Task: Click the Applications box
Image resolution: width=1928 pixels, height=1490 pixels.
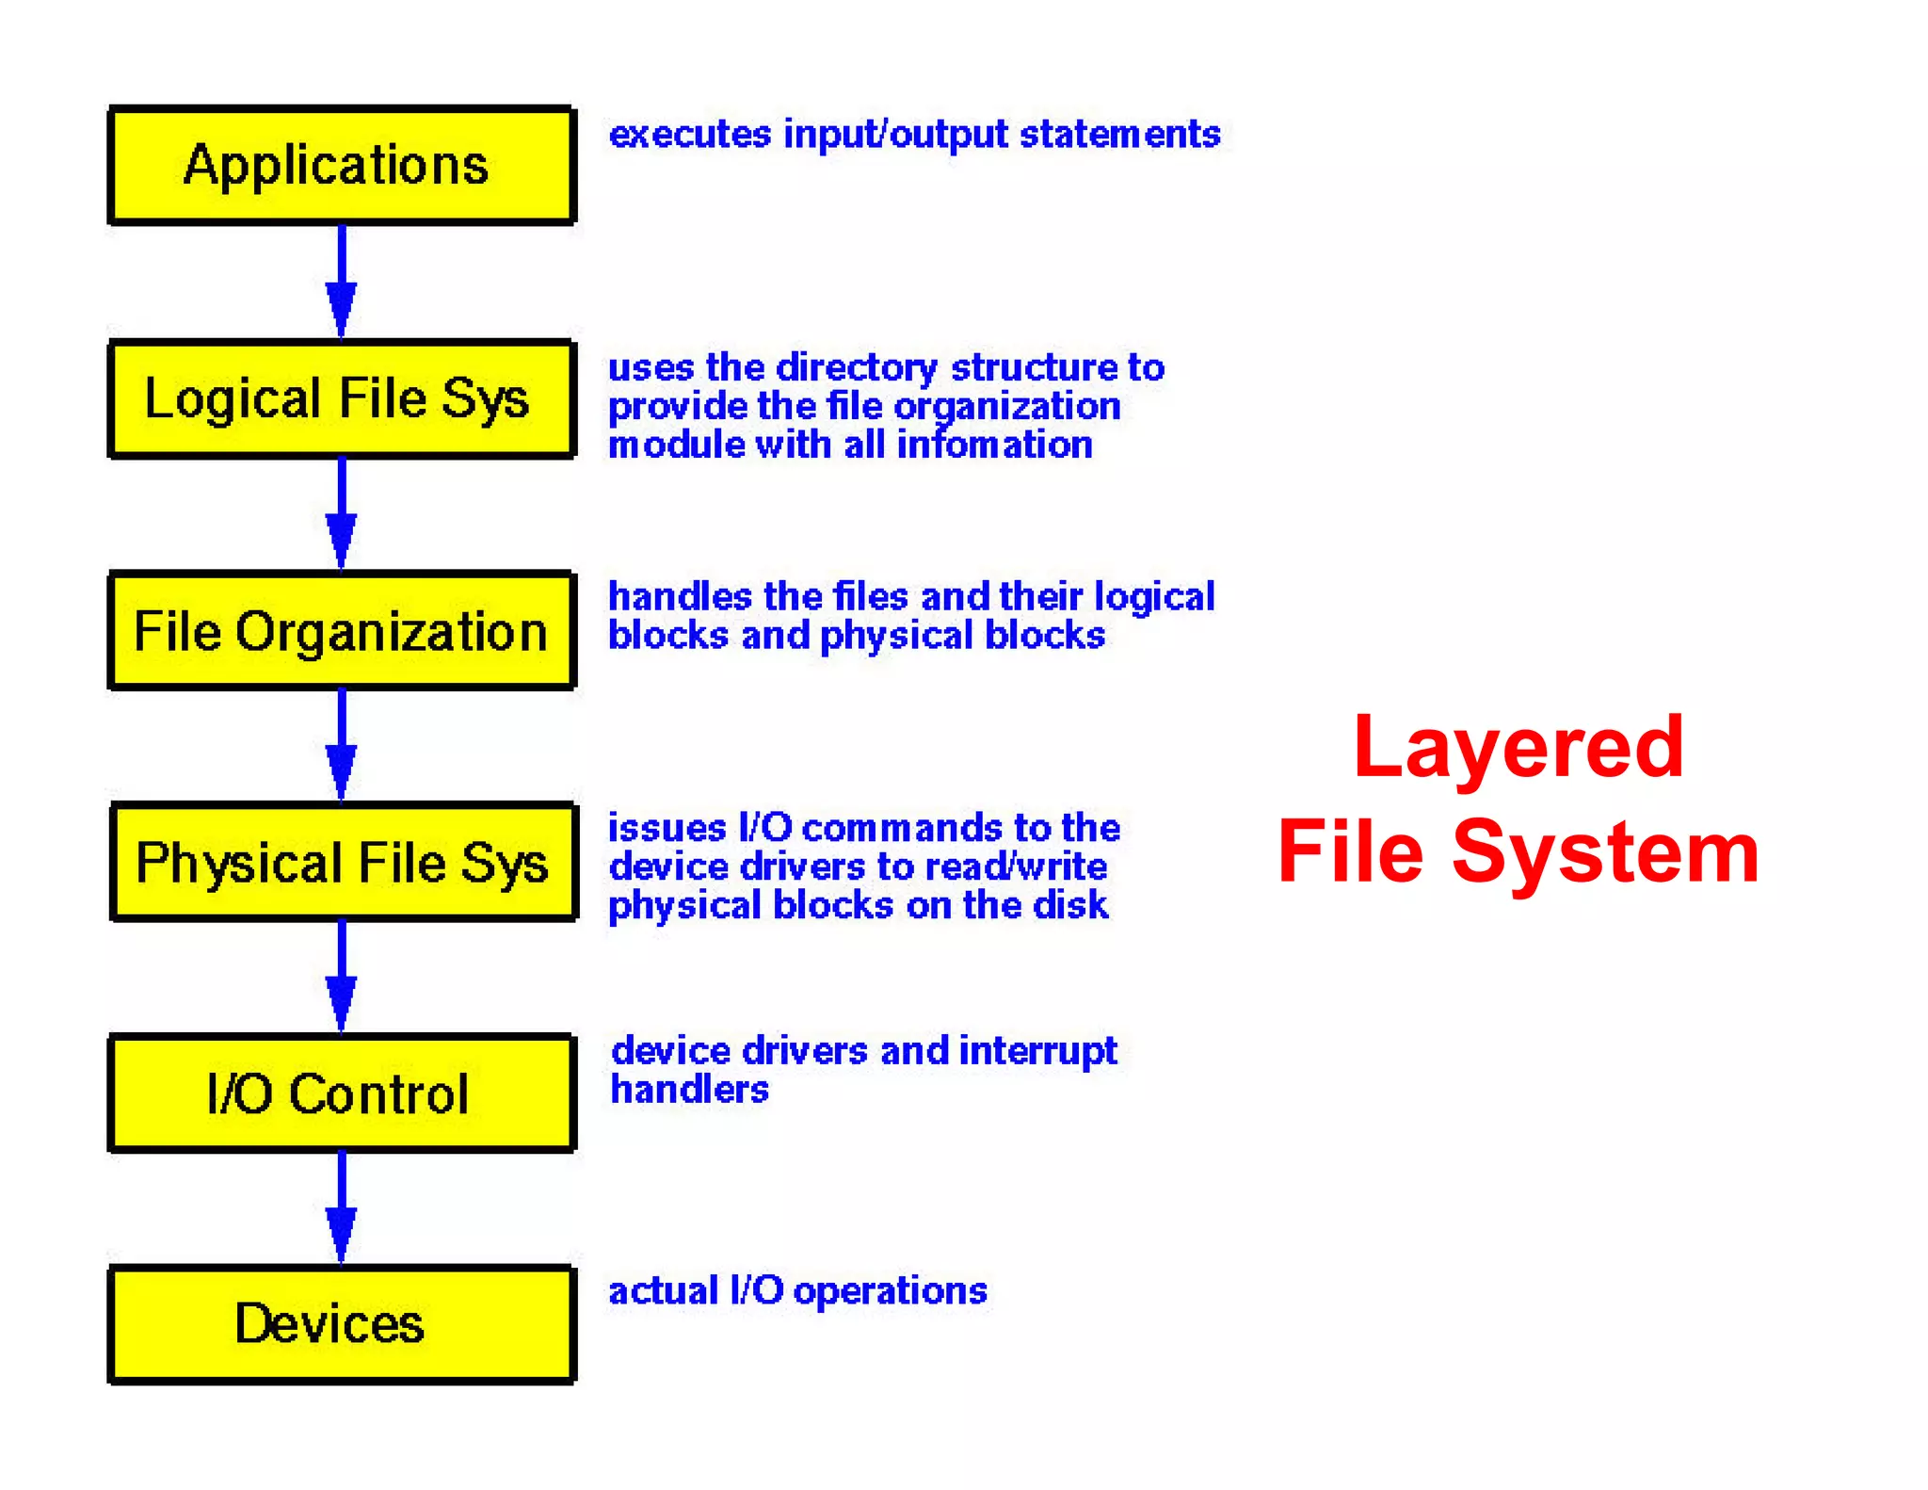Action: point(341,166)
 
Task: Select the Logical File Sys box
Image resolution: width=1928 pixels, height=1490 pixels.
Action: point(341,398)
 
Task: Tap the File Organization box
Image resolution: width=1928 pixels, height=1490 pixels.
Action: point(341,630)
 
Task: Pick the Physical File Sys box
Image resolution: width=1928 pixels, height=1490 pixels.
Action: point(343,862)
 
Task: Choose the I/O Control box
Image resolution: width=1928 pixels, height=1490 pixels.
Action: point(341,1093)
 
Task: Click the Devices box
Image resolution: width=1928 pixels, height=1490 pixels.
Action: point(341,1323)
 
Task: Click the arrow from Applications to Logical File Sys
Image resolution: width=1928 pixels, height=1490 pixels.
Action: point(341,282)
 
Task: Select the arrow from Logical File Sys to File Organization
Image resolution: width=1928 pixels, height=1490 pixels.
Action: point(341,514)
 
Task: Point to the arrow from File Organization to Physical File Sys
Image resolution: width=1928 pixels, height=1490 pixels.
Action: point(341,745)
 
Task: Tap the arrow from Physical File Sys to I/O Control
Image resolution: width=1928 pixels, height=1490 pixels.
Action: point(341,977)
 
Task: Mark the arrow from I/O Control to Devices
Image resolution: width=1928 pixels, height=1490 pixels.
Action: point(341,1207)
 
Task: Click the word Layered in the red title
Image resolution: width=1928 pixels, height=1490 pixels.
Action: point(1518,749)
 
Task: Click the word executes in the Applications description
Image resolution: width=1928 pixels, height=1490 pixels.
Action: point(690,135)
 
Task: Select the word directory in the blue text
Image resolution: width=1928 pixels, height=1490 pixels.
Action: point(857,368)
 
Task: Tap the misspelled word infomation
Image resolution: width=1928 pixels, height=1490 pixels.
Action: point(994,445)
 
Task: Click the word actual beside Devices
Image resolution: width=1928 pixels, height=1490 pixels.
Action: point(663,1290)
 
